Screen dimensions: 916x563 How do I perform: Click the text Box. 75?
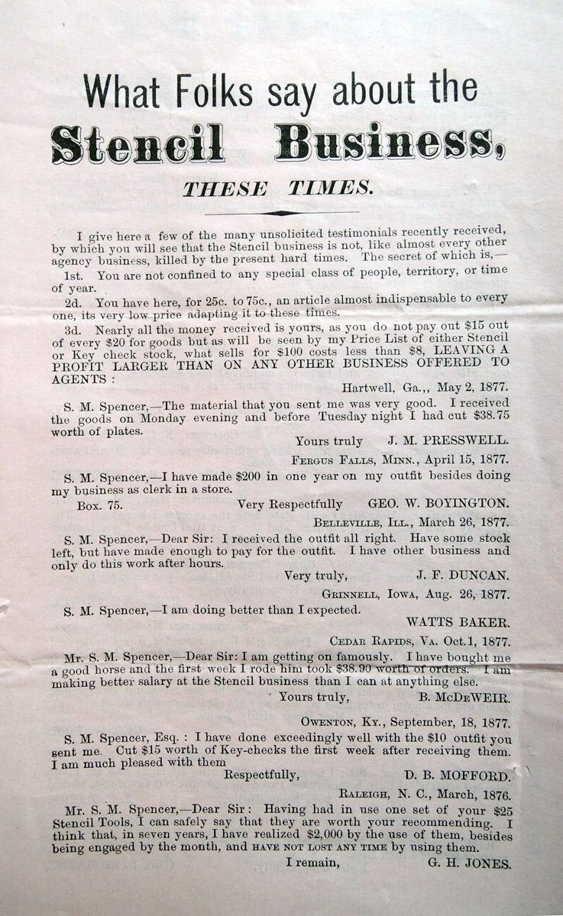tap(99, 505)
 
